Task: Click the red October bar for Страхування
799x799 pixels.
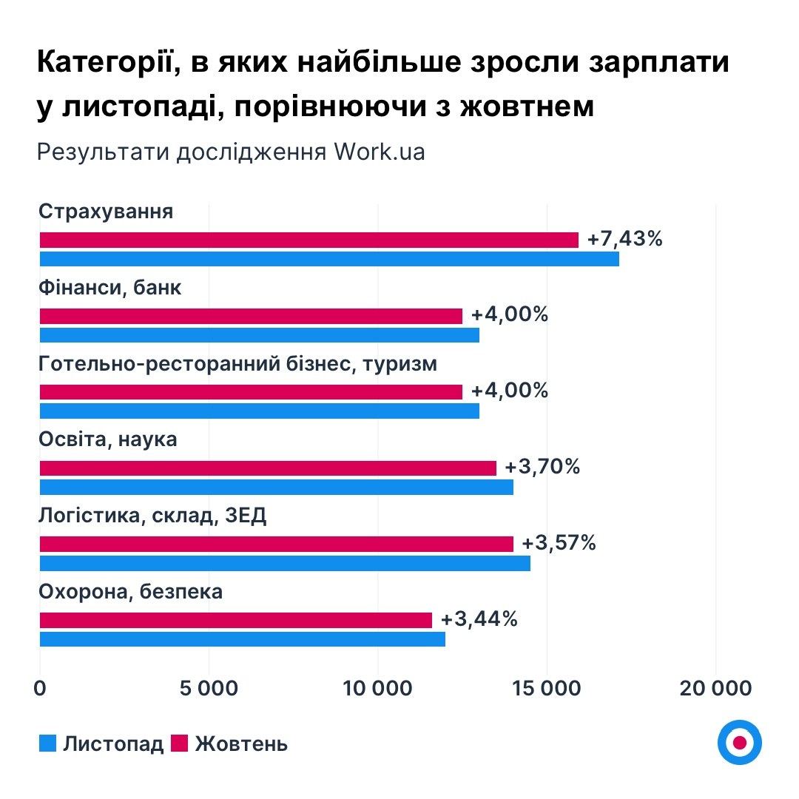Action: coord(309,240)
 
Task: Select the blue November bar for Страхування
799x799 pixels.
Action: coord(329,259)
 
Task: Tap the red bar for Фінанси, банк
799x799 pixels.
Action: coord(251,316)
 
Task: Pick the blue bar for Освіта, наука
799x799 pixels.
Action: coord(276,487)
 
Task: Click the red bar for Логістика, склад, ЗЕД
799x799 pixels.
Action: coord(276,544)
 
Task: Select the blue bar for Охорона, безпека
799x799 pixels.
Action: coord(242,639)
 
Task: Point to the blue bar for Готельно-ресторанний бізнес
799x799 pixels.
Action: coord(259,411)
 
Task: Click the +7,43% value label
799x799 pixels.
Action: coord(625,240)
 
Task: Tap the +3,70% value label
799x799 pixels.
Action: coord(543,468)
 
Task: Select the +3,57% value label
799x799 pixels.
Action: coord(559,543)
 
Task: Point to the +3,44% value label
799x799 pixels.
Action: coord(479,619)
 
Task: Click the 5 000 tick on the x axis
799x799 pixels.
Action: coord(209,688)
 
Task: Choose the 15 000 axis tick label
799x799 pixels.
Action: coord(547,688)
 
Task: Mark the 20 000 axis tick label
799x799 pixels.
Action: coord(715,688)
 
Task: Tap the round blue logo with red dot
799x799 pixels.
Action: coord(739,742)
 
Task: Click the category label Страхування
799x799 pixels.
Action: coord(106,212)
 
